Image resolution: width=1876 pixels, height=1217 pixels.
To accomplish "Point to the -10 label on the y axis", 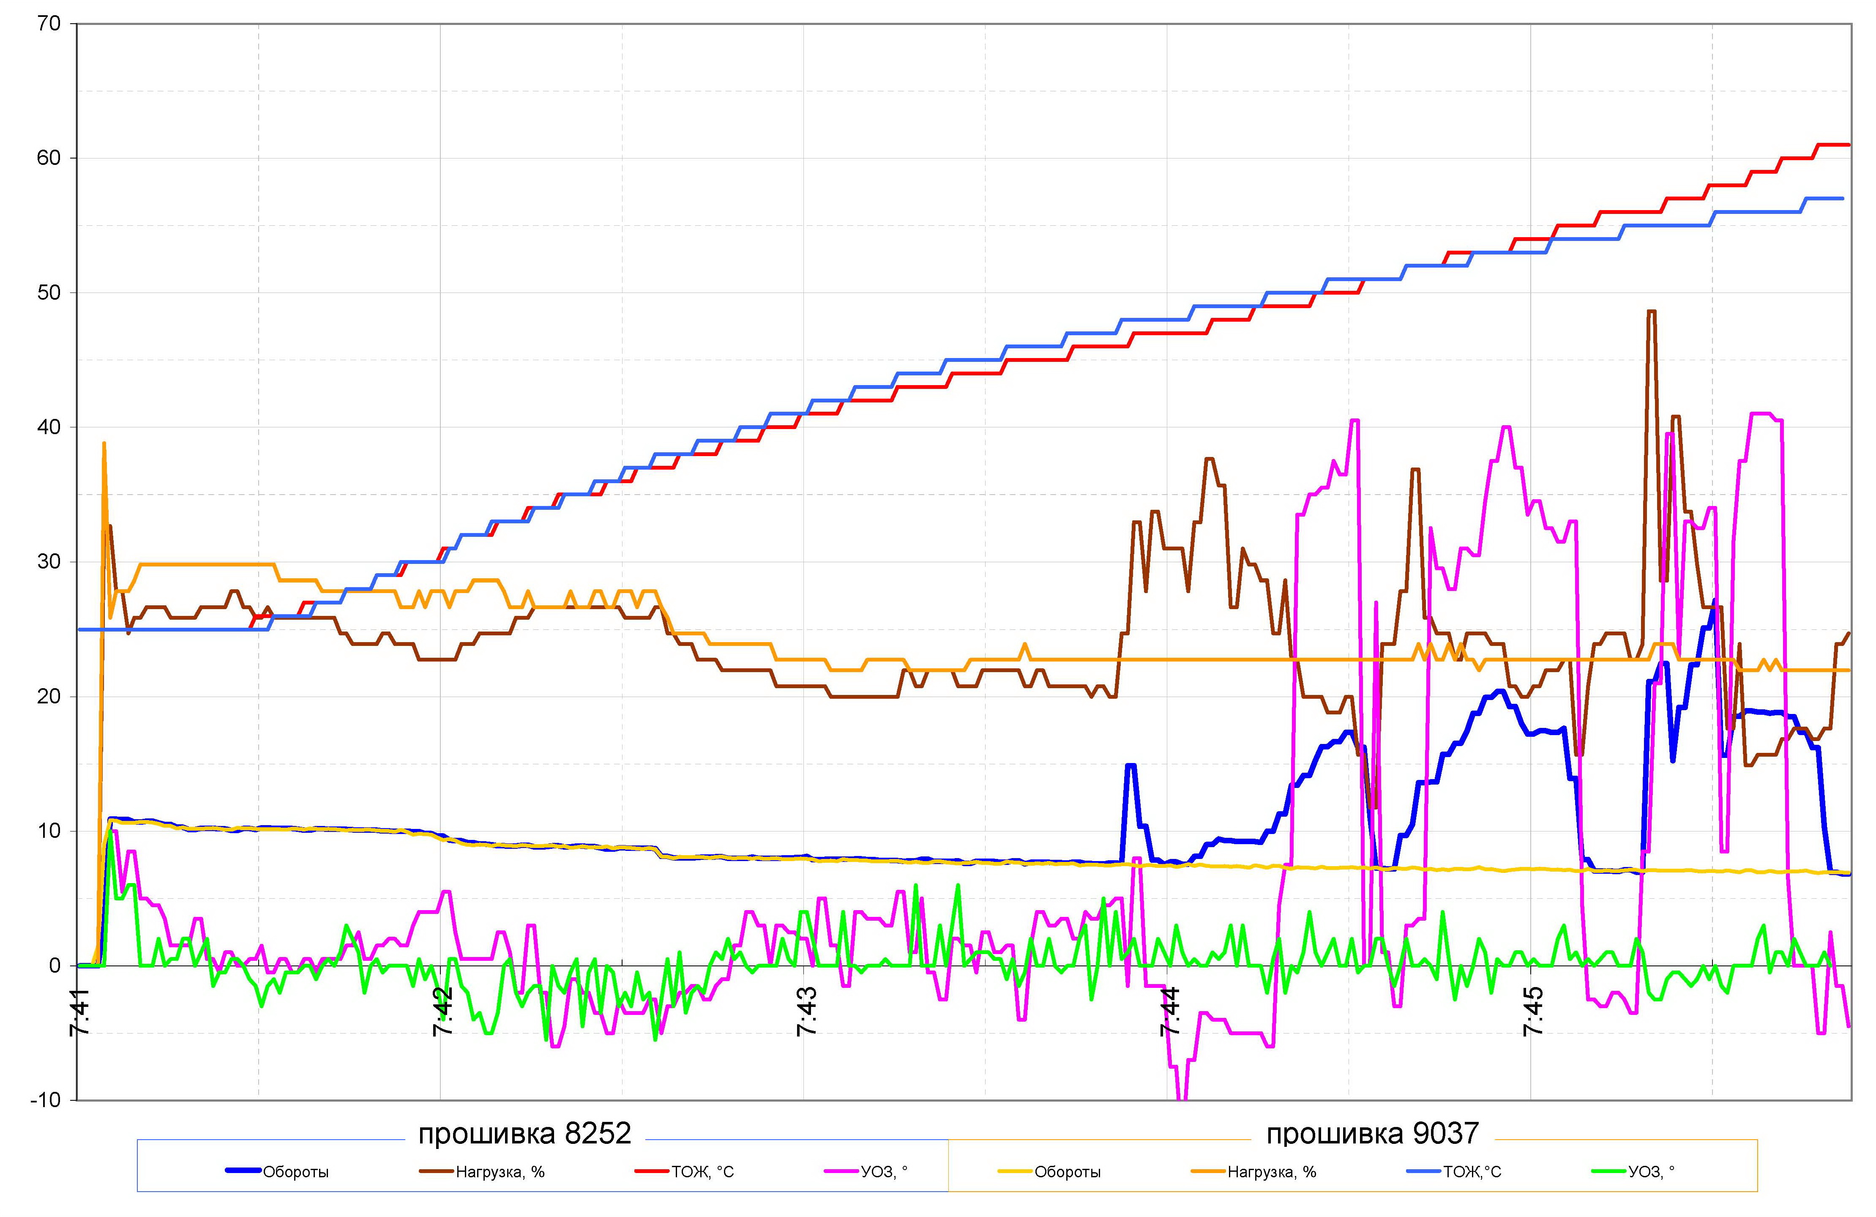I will (45, 1099).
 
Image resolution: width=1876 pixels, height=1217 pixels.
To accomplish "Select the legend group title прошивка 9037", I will (1372, 1133).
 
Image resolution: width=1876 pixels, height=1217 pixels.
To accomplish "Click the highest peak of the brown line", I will (1651, 312).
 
